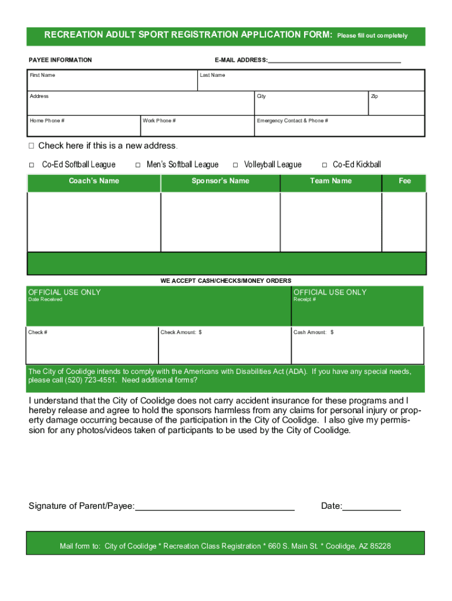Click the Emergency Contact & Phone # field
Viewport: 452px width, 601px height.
pos(339,127)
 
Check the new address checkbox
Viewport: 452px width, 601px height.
pos(32,146)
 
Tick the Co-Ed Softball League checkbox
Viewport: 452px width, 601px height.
pos(32,165)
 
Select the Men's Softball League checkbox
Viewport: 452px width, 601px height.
pos(137,165)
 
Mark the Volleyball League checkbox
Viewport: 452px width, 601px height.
pos(235,165)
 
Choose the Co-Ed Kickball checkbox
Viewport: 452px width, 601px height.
pos(324,165)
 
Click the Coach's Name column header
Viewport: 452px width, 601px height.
pos(94,181)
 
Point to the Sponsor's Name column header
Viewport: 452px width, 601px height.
pos(220,181)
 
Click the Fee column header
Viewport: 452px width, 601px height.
pos(404,181)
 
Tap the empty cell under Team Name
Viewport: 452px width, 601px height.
pos(330,222)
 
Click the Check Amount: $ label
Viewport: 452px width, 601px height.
pos(181,333)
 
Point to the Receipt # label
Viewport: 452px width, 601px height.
pos(305,300)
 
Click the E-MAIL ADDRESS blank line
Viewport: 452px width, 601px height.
pos(335,60)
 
